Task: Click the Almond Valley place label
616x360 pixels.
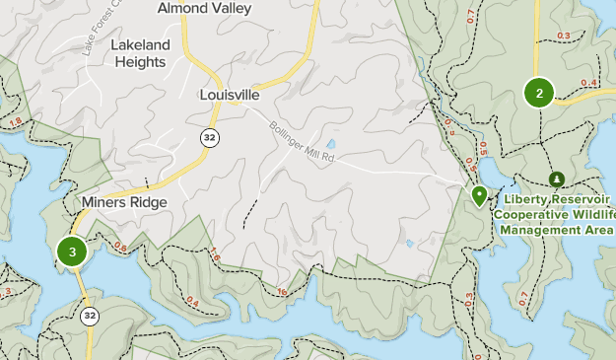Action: (204, 8)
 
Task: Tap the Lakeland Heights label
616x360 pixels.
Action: (140, 53)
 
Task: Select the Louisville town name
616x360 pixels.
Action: (229, 96)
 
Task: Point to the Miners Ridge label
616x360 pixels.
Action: (124, 202)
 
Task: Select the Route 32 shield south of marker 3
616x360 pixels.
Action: (90, 317)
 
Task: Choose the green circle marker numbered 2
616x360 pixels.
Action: (539, 94)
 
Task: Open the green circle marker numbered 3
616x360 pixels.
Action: (72, 252)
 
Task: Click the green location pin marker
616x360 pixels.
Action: (479, 195)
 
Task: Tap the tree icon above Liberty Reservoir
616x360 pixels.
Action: (557, 179)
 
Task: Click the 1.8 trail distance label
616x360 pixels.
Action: (15, 122)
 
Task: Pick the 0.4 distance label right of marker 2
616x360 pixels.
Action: (589, 83)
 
